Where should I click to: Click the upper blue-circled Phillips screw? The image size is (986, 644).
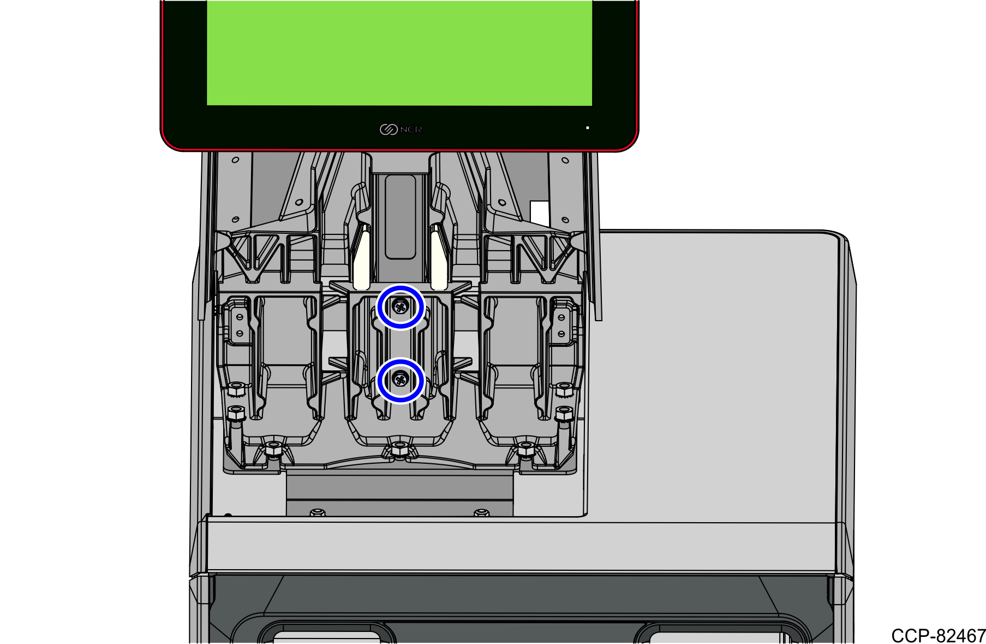tap(401, 307)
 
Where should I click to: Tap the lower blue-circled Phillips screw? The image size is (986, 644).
tap(401, 378)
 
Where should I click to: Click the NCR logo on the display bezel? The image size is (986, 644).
tap(401, 129)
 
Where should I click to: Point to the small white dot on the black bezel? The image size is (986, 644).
tap(588, 128)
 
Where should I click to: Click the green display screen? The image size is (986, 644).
tap(399, 52)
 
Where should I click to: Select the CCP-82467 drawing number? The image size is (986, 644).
tap(938, 635)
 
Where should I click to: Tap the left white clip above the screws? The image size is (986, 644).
tap(362, 260)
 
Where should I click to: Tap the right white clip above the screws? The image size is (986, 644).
tap(439, 260)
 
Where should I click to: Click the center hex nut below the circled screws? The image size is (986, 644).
tap(400, 450)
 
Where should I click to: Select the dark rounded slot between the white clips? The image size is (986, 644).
tap(401, 217)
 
